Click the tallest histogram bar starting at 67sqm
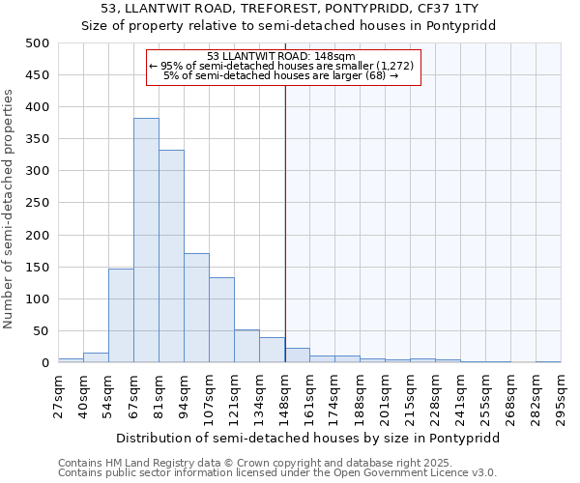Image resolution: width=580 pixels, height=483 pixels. (x=146, y=241)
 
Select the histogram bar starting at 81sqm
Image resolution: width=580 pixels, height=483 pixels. (x=171, y=257)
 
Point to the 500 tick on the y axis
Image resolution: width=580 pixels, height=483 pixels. (x=38, y=43)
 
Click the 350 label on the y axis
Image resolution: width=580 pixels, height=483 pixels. (x=38, y=139)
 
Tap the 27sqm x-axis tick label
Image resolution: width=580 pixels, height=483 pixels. (x=58, y=390)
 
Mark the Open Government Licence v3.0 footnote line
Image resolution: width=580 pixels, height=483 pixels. (x=276, y=473)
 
